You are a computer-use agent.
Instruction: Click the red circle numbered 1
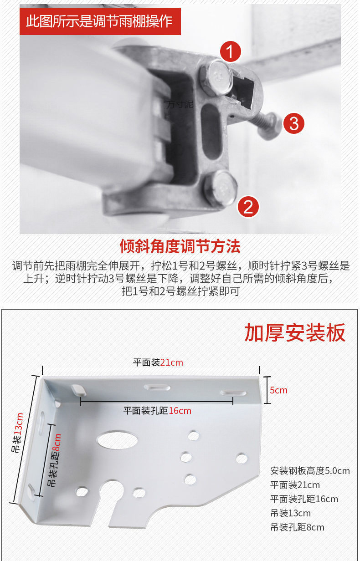tap(231, 52)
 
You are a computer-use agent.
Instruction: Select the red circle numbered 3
tap(294, 123)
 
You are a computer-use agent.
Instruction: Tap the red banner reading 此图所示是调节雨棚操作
tap(100, 21)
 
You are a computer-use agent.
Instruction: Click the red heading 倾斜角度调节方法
tap(180, 246)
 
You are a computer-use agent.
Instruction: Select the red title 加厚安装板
tap(295, 333)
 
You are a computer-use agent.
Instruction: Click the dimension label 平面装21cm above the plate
tap(158, 362)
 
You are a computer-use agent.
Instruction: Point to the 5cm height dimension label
tap(278, 390)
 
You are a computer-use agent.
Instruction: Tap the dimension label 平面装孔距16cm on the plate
tap(157, 411)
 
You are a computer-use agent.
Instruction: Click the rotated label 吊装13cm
tap(18, 432)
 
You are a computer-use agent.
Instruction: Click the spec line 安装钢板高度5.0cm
tap(310, 471)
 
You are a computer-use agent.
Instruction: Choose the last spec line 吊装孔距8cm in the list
tap(297, 527)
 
